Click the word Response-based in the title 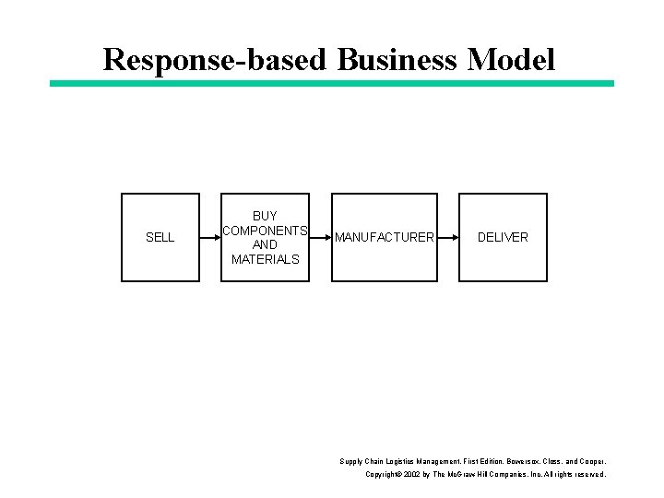tap(217, 60)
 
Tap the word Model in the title tap(512, 60)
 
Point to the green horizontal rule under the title tap(332, 83)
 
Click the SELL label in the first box tap(160, 237)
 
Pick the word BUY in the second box tap(265, 216)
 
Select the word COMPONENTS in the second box tap(265, 231)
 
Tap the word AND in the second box tap(265, 244)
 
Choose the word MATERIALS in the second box tap(265, 259)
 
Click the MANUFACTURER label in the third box tap(384, 237)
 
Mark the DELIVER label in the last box tap(503, 237)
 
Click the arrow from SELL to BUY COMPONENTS tap(209, 237)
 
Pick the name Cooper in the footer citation tap(590, 460)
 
